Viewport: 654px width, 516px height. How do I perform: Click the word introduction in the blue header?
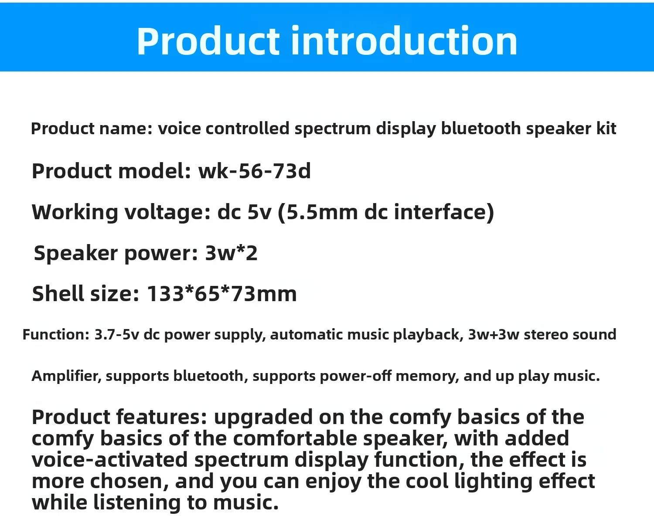pos(404,41)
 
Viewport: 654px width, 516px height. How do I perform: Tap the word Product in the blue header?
pos(208,41)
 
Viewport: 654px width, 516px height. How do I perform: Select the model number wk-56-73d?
pos(254,171)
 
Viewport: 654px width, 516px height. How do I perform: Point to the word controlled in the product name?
pos(247,128)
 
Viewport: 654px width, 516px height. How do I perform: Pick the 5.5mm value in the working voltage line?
pos(317,212)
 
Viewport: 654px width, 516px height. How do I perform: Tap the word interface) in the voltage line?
pos(444,212)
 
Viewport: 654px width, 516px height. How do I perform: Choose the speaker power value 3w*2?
pos(231,253)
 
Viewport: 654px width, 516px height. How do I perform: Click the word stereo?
pos(546,335)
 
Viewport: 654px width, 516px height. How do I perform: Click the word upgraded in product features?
pos(263,417)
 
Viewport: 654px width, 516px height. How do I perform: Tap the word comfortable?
pos(295,438)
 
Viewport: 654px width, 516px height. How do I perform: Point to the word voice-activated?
pos(109,460)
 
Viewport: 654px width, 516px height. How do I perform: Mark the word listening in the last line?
pos(137,502)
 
